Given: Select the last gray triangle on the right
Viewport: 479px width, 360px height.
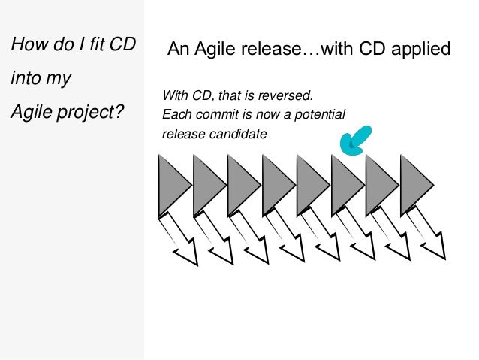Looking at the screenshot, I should [x=414, y=185].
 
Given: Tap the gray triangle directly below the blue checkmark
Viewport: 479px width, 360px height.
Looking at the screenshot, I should [x=345, y=185].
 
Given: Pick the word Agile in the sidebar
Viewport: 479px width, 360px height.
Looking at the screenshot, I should [x=31, y=115].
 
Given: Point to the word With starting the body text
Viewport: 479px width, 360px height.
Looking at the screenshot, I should [x=176, y=96].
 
